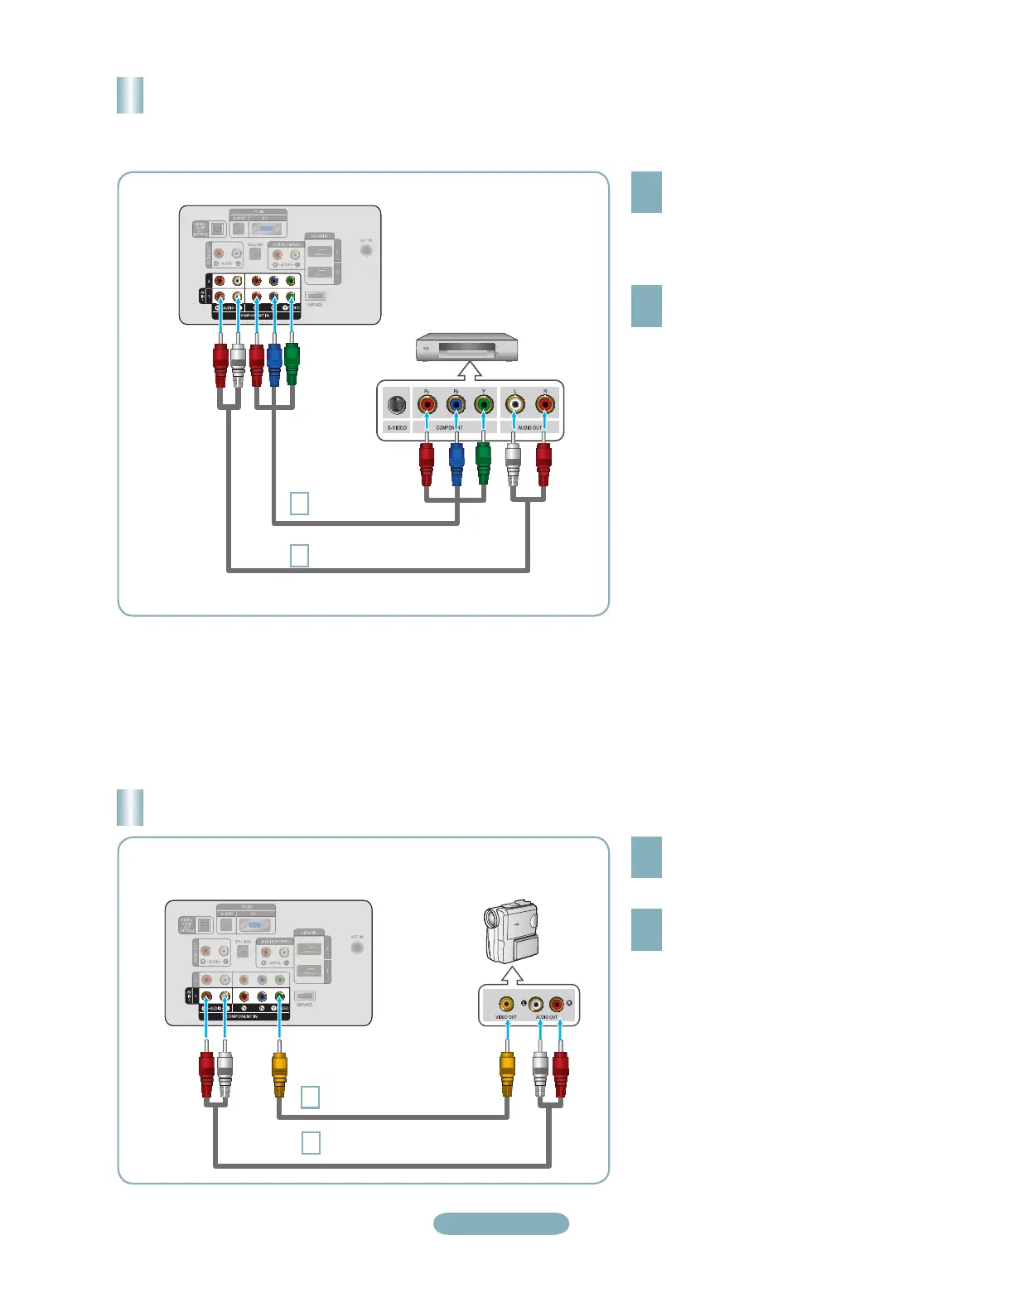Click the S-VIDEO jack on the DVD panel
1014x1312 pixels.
click(x=397, y=405)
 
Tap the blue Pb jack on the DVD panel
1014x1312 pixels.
click(x=456, y=405)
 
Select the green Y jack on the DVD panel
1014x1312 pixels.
click(x=484, y=405)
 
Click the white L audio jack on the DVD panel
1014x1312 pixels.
click(x=515, y=405)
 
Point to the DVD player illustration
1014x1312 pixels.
click(x=467, y=347)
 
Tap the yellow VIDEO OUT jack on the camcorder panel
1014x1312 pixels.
click(x=506, y=1005)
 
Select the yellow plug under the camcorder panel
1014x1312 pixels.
click(x=507, y=1073)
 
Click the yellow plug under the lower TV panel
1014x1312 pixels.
click(x=279, y=1073)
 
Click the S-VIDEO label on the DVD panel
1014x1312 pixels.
click(x=397, y=427)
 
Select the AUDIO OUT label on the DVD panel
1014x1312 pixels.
click(x=529, y=427)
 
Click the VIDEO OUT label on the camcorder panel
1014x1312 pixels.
click(x=506, y=1017)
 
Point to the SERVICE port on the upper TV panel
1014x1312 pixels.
click(x=315, y=296)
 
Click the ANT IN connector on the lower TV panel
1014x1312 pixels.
click(x=357, y=947)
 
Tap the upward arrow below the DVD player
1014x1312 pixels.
click(x=470, y=370)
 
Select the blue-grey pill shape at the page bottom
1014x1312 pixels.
click(x=501, y=1223)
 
